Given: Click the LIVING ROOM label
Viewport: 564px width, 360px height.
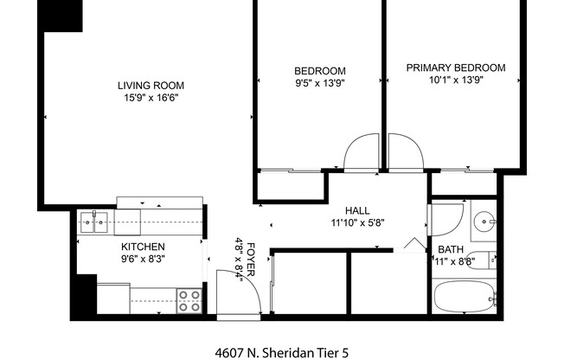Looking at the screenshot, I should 151,85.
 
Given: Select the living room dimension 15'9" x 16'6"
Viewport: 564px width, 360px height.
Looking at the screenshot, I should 151,99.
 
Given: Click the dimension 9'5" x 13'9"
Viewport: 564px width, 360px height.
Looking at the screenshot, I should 320,84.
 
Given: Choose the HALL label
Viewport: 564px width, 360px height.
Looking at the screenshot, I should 357,210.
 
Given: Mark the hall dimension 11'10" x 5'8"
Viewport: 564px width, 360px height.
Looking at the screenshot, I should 357,222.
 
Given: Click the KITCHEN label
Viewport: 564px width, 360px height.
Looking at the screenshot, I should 143,247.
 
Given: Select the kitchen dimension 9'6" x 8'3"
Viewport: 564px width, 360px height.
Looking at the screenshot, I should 143,259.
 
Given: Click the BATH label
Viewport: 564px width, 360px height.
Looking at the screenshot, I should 450,249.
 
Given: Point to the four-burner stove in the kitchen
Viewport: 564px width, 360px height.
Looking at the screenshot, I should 189,300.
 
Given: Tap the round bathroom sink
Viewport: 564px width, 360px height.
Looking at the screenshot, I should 483,223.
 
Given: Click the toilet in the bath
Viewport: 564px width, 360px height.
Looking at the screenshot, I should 490,260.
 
